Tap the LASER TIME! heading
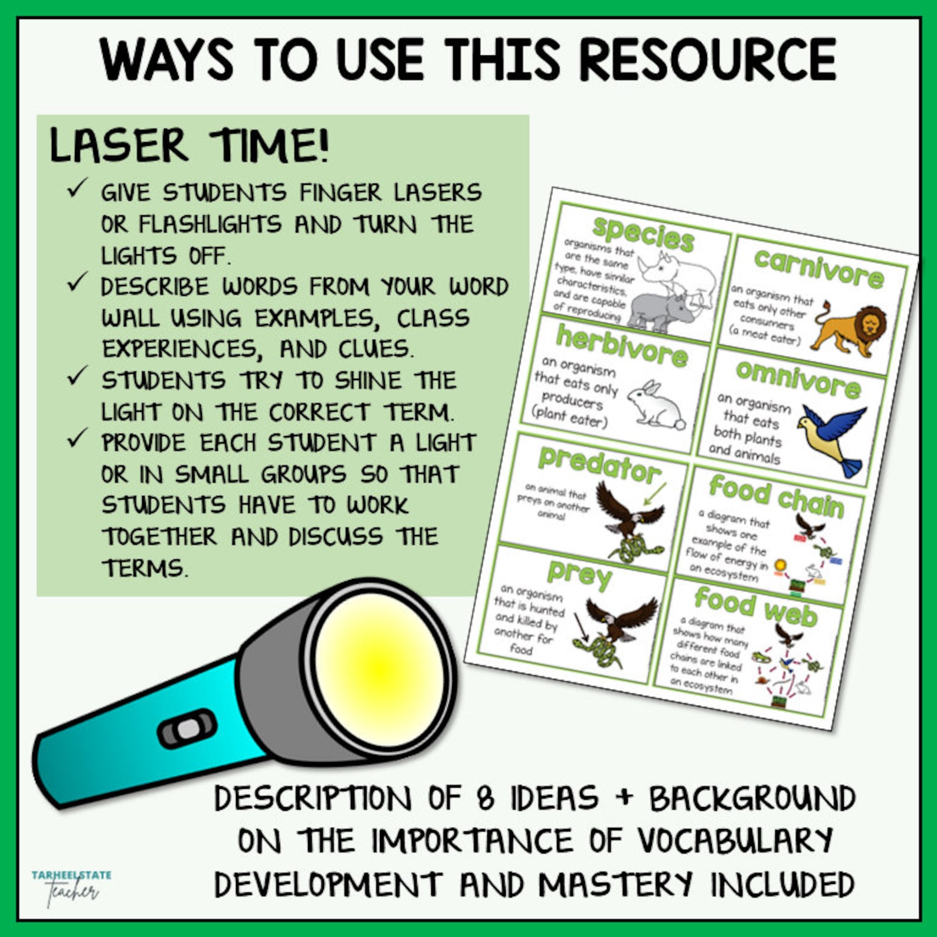(189, 146)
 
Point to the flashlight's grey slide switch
(188, 729)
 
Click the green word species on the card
(643, 234)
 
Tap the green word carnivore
(818, 268)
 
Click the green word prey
(579, 572)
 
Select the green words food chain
(776, 496)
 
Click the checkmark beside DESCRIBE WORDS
(77, 282)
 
